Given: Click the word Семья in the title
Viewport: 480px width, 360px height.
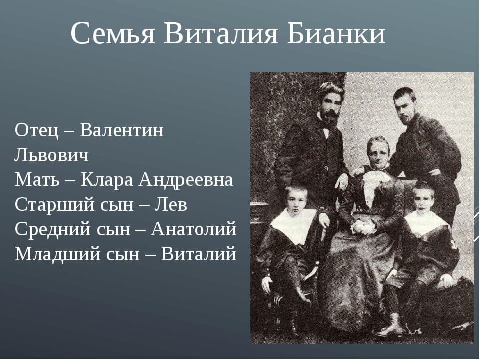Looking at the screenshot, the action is point(112,33).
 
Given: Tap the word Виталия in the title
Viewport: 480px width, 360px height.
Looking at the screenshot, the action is point(220,33).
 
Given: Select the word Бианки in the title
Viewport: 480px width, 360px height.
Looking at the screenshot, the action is point(336,33).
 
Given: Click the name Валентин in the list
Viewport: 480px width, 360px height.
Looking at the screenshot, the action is point(122,130).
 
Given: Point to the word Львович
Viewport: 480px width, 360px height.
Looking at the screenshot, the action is point(51,155).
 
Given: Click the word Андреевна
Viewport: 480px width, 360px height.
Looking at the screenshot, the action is point(186,179).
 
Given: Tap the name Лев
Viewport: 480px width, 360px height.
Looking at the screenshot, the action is point(171,204).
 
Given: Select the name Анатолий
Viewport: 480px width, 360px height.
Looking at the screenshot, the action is point(194,229).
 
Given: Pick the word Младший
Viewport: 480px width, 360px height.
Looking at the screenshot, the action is point(57,254).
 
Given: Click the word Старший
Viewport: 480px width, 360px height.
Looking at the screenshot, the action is point(55,204).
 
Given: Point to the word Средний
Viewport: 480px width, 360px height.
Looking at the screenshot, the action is point(53,229).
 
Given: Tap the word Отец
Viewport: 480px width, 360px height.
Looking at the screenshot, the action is point(36,130).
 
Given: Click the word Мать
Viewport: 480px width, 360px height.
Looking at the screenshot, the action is point(37,179).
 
